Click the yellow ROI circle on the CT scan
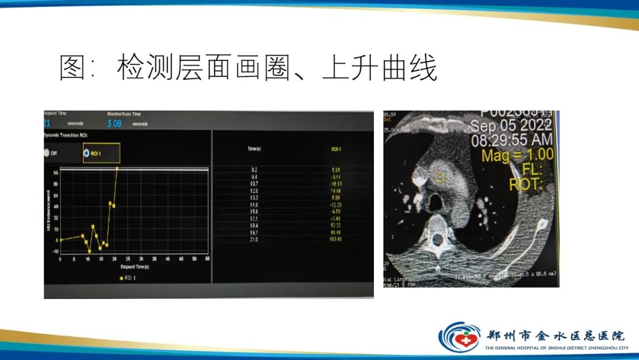point(440,176)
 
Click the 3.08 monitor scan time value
point(114,124)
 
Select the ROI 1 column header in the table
point(336,149)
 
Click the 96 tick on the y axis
point(55,172)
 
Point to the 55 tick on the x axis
point(207,259)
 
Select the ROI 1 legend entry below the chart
point(128,278)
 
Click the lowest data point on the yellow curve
point(89,251)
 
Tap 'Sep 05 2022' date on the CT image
point(512,126)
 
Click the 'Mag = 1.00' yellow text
point(518,155)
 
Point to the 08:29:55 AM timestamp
point(512,140)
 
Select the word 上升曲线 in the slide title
point(380,69)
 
